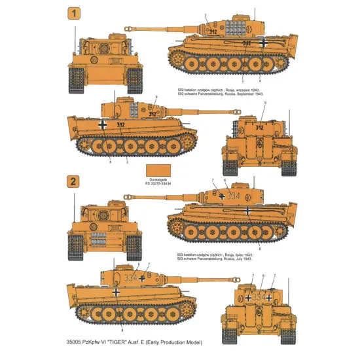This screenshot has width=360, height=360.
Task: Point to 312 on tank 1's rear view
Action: (x=259, y=128)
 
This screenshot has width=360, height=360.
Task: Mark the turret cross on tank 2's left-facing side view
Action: (x=223, y=196)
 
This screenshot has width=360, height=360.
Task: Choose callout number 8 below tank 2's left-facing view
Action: (x=260, y=249)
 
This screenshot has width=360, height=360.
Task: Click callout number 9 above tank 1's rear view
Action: (x=265, y=103)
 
